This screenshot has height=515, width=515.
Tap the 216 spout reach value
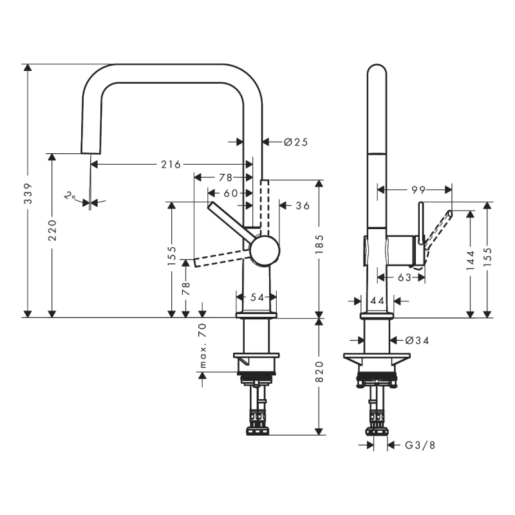(171, 165)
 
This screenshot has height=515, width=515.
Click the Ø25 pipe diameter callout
(295, 142)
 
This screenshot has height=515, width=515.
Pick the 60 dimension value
(230, 192)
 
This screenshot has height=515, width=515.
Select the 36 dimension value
(303, 206)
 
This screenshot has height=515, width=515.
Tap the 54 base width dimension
(257, 297)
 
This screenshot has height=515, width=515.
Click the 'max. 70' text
(203, 347)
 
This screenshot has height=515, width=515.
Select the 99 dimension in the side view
(418, 189)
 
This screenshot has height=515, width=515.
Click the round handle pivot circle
(265, 250)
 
